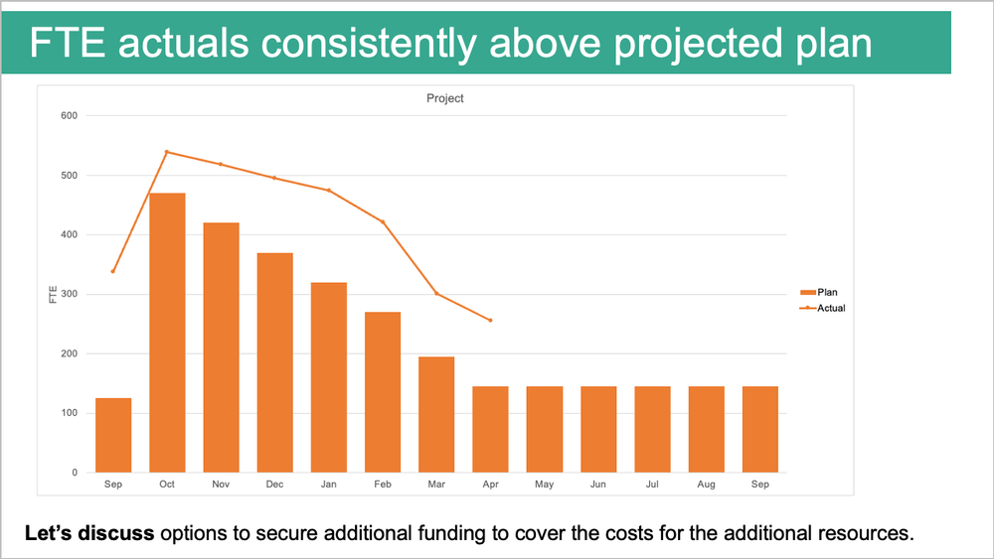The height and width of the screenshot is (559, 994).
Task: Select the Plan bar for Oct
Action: pyautogui.click(x=167, y=333)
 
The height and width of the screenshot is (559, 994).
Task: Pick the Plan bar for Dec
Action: pyautogui.click(x=274, y=362)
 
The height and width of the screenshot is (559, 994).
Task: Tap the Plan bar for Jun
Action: pyautogui.click(x=598, y=429)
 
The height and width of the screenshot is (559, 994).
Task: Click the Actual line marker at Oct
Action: pyautogui.click(x=167, y=152)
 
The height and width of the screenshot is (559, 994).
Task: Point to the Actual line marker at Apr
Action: pyautogui.click(x=490, y=320)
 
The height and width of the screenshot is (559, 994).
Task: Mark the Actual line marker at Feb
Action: pyautogui.click(x=383, y=221)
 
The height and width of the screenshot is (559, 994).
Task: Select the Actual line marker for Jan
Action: pyautogui.click(x=329, y=190)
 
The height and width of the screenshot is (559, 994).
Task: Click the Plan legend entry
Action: pyautogui.click(x=820, y=292)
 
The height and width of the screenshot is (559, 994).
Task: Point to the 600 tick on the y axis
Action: pyautogui.click(x=69, y=116)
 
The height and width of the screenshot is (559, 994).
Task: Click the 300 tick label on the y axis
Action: pyautogui.click(x=69, y=295)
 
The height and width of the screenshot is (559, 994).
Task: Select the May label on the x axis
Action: pyautogui.click(x=544, y=485)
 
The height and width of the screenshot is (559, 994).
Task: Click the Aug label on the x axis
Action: pyautogui.click(x=706, y=485)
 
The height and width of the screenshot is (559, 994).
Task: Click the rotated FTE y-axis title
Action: pyautogui.click(x=52, y=294)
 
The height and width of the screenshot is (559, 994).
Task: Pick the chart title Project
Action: pyautogui.click(x=444, y=98)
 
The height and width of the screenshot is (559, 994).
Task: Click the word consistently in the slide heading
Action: pyautogui.click(x=356, y=45)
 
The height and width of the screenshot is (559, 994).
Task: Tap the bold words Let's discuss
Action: pyautogui.click(x=89, y=533)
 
